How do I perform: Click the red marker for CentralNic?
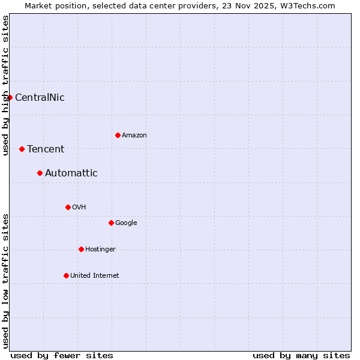coord(10,97)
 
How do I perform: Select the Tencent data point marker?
coord(22,149)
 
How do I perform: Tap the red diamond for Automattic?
coord(40,173)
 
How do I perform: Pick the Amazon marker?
coord(118,135)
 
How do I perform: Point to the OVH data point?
coord(68,207)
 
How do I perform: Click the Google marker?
coord(111,223)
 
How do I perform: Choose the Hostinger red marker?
coord(81,249)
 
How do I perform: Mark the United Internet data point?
coord(66,275)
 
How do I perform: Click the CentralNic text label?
coord(40,97)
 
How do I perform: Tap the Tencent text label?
coord(46,149)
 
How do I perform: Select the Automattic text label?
coord(71,173)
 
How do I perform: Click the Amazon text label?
coord(134,135)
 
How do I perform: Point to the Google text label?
coord(126,223)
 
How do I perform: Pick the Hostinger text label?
coord(100,249)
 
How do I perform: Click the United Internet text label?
coord(95,275)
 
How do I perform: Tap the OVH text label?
coord(79,207)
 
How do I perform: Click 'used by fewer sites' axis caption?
coord(62,355)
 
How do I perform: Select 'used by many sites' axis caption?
coord(301,355)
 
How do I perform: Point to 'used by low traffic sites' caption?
coord(5,281)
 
